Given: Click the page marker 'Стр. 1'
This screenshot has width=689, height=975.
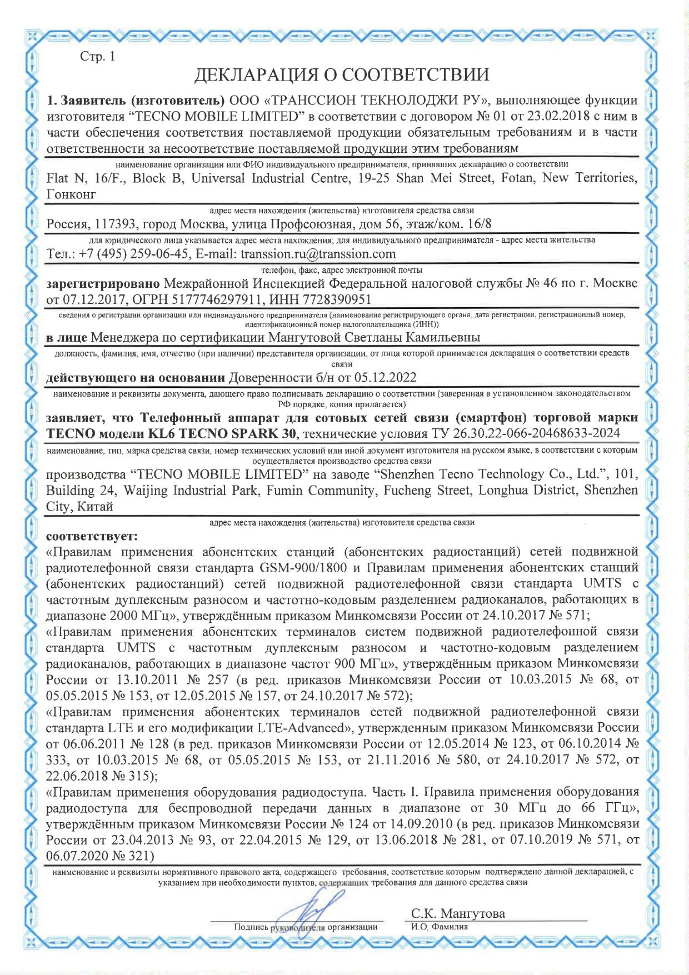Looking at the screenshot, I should click(x=98, y=57).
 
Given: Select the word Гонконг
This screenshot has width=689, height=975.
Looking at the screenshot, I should click(x=71, y=194).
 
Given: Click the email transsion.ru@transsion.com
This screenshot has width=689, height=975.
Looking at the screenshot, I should click(x=318, y=254).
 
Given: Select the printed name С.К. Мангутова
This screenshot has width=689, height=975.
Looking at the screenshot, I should click(x=458, y=914).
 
